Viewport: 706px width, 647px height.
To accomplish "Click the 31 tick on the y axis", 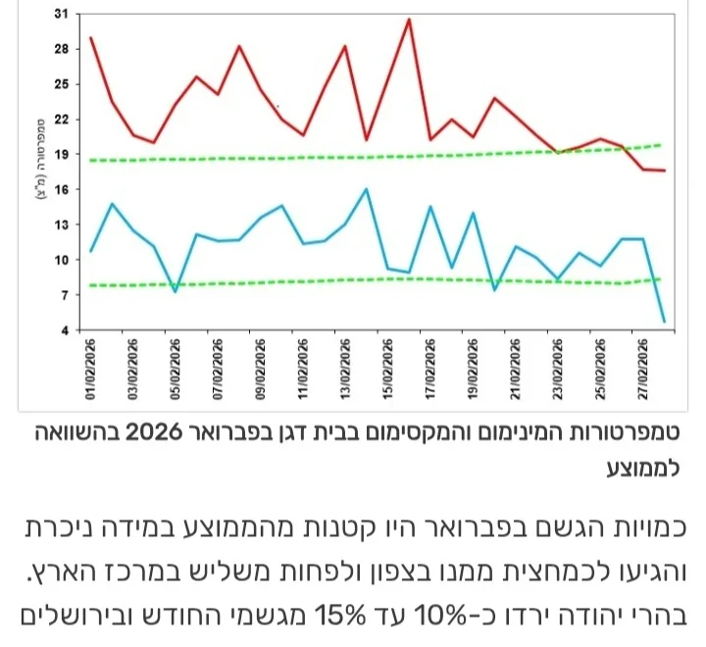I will (x=62, y=14).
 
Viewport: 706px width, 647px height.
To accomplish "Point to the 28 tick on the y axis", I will (x=62, y=49).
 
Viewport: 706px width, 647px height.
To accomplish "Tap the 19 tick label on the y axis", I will (x=62, y=154).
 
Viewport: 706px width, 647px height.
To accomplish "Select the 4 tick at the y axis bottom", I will (x=65, y=329).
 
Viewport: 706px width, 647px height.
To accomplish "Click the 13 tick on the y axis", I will (x=62, y=224).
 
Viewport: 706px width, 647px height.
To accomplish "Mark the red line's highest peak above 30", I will (x=408, y=20).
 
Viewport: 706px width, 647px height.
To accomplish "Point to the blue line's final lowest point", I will (x=665, y=321).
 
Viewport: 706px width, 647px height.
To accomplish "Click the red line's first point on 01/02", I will (x=90, y=38).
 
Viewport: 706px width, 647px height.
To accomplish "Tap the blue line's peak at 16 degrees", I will (x=367, y=189).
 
